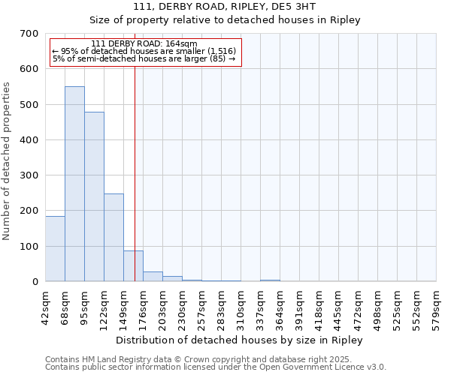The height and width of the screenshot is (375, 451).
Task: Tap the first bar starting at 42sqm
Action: pos(55,248)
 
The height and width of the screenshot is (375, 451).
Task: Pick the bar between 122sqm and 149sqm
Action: pos(114,237)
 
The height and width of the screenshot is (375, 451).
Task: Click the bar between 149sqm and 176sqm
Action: pos(133,265)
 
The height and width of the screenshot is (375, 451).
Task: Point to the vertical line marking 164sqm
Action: pos(135,165)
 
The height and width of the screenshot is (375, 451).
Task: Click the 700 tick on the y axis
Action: pos(29,34)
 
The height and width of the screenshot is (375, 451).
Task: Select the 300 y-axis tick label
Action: pos(29,175)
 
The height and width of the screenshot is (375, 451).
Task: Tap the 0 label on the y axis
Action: pos(35,282)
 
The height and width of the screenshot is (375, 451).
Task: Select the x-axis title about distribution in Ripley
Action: pos(241,340)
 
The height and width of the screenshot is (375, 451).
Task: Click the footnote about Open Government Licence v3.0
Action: pos(216,367)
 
